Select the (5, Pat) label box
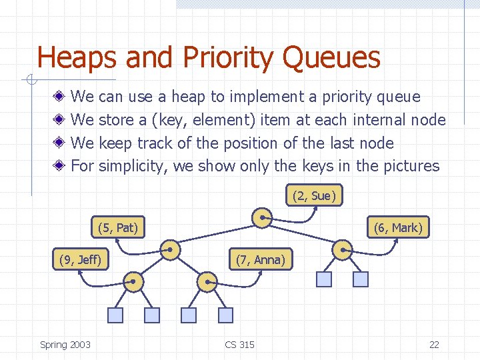click(117, 227)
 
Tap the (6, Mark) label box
click(398, 227)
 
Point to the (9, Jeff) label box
click(80, 259)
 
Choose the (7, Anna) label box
click(260, 259)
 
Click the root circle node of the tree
click(262, 217)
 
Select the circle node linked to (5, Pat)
click(171, 249)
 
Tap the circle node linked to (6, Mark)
click(342, 249)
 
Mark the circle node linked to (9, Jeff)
click(134, 281)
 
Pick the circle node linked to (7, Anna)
click(207, 281)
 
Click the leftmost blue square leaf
click(116, 315)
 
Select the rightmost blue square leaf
click(360, 279)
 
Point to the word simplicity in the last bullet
click(133, 166)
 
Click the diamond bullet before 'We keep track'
click(60, 143)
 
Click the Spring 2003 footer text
click(65, 344)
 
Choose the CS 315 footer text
click(239, 344)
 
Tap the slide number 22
click(434, 344)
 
